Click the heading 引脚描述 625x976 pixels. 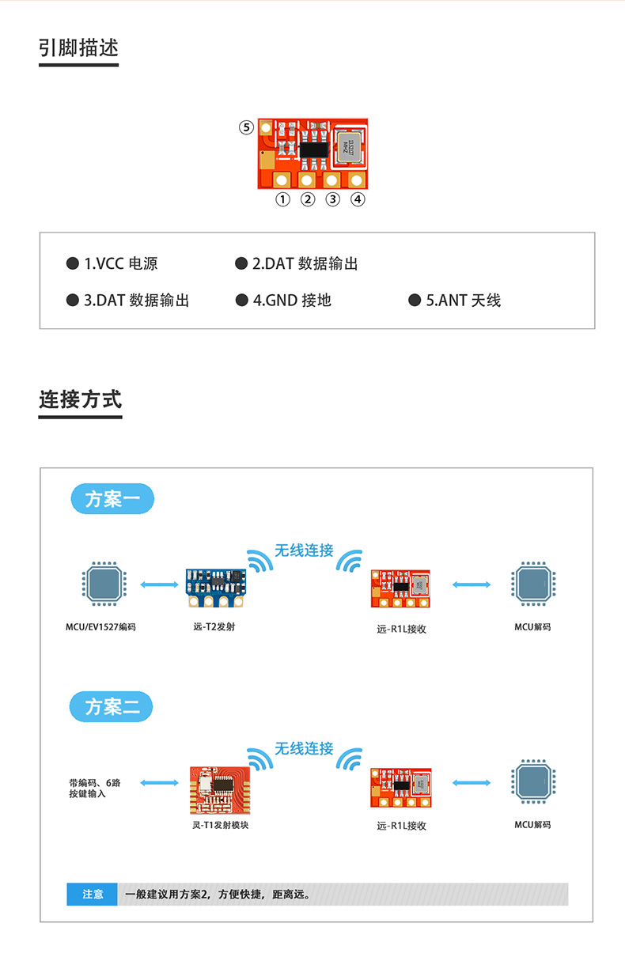(x=78, y=48)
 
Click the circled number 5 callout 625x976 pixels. (x=247, y=127)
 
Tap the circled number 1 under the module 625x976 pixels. (x=282, y=199)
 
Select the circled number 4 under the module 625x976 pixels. (x=358, y=199)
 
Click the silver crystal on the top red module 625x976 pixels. (x=347, y=146)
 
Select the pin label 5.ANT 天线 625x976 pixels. (x=455, y=301)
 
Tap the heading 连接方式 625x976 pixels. (x=80, y=399)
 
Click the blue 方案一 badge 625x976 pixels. (x=112, y=500)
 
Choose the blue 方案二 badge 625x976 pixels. (x=112, y=706)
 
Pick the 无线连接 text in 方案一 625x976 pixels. (x=304, y=550)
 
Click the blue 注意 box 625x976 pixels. (x=93, y=894)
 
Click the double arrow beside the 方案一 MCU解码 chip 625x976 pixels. (x=472, y=584)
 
